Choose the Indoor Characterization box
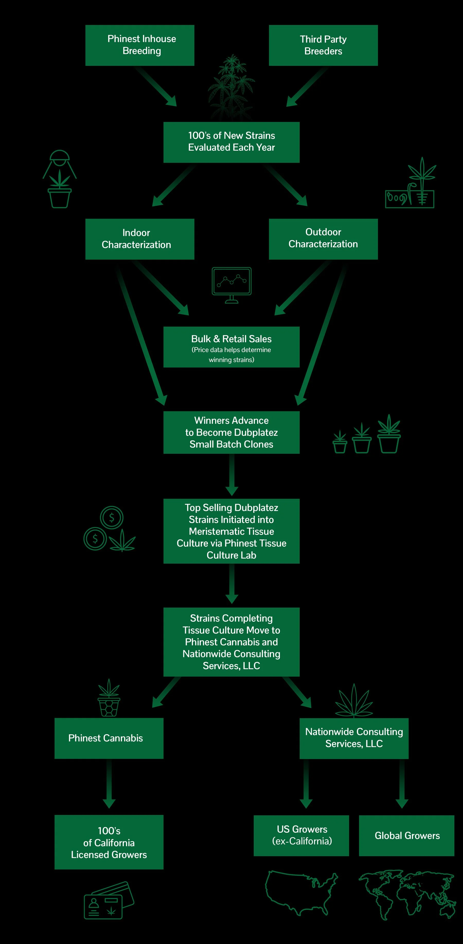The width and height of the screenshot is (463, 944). [x=140, y=239]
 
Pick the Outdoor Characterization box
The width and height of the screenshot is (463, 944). [x=323, y=239]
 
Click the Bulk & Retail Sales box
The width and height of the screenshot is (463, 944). [x=231, y=347]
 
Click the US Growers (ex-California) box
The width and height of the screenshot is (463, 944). [x=301, y=835]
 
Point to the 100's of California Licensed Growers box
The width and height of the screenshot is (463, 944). [x=109, y=842]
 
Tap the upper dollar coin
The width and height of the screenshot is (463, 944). [x=111, y=517]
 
